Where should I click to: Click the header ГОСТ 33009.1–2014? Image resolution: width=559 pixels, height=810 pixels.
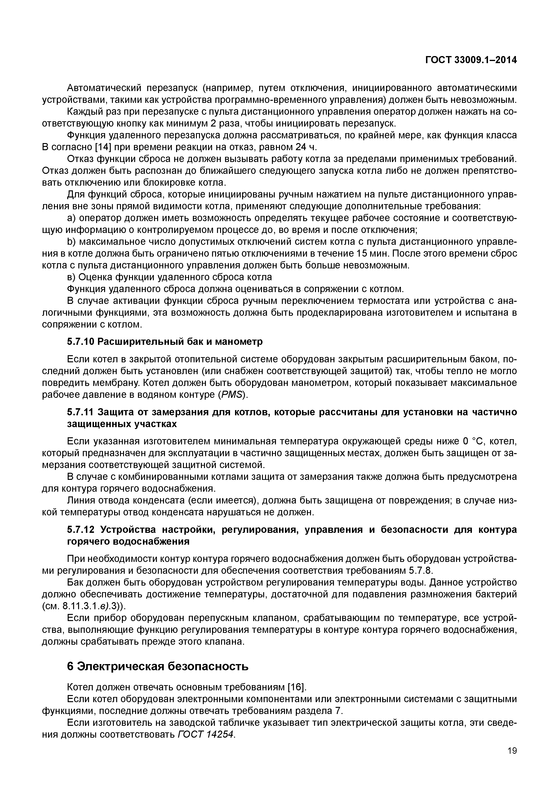pos(471,60)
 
